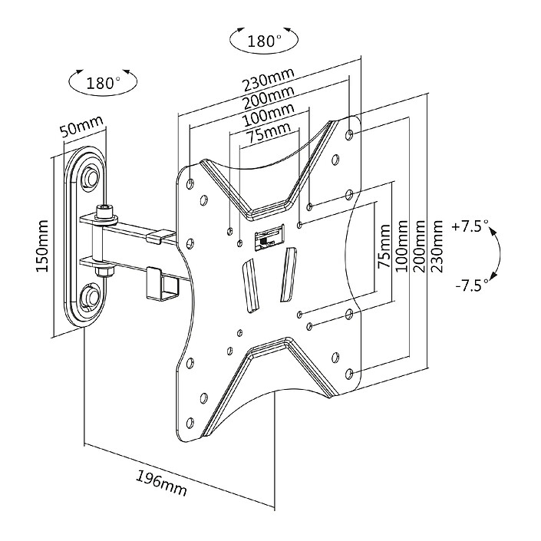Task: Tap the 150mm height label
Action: click(x=42, y=246)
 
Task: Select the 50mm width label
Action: click(x=82, y=126)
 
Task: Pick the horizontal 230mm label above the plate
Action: click(x=269, y=79)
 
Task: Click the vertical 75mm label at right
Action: click(x=384, y=246)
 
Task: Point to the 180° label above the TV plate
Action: click(x=264, y=41)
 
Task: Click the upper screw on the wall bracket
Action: click(x=92, y=177)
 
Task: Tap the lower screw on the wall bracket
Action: click(x=91, y=295)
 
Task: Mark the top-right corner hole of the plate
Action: click(x=349, y=134)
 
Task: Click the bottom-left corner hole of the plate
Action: click(x=190, y=423)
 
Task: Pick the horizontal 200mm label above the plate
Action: click(x=269, y=97)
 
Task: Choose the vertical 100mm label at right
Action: click(x=401, y=246)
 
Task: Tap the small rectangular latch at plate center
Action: click(x=270, y=236)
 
